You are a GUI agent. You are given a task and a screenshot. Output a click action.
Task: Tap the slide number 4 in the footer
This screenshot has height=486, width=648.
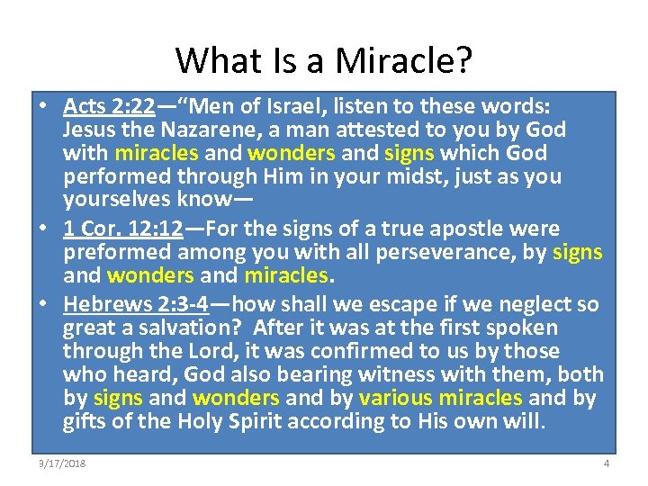click(x=607, y=463)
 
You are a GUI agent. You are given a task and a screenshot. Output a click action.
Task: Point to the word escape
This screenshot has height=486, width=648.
click(x=405, y=304)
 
